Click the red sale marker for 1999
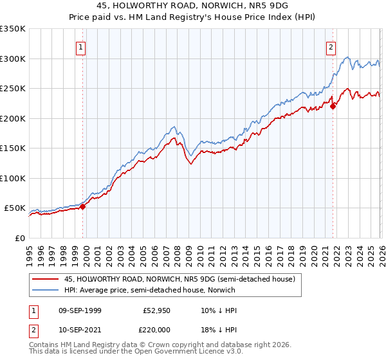82,206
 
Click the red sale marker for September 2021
333,106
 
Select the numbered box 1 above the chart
81,46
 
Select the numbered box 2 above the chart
331,46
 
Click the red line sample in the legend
45,280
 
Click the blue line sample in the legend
45,291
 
